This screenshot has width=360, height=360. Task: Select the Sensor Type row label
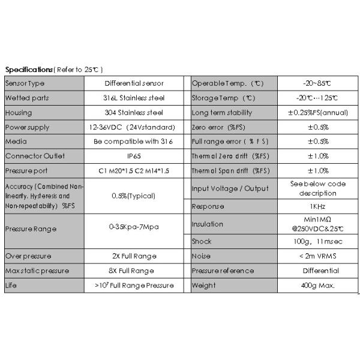[25, 83]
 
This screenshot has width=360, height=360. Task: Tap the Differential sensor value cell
[134, 83]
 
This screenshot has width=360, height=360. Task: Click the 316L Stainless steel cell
[134, 98]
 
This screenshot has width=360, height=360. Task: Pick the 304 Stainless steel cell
[134, 112]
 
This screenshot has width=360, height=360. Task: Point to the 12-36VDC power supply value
[134, 127]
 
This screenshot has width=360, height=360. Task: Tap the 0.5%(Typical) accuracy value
[134, 196]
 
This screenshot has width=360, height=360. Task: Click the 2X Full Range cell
[134, 256]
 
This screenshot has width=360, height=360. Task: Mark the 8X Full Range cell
[134, 271]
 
